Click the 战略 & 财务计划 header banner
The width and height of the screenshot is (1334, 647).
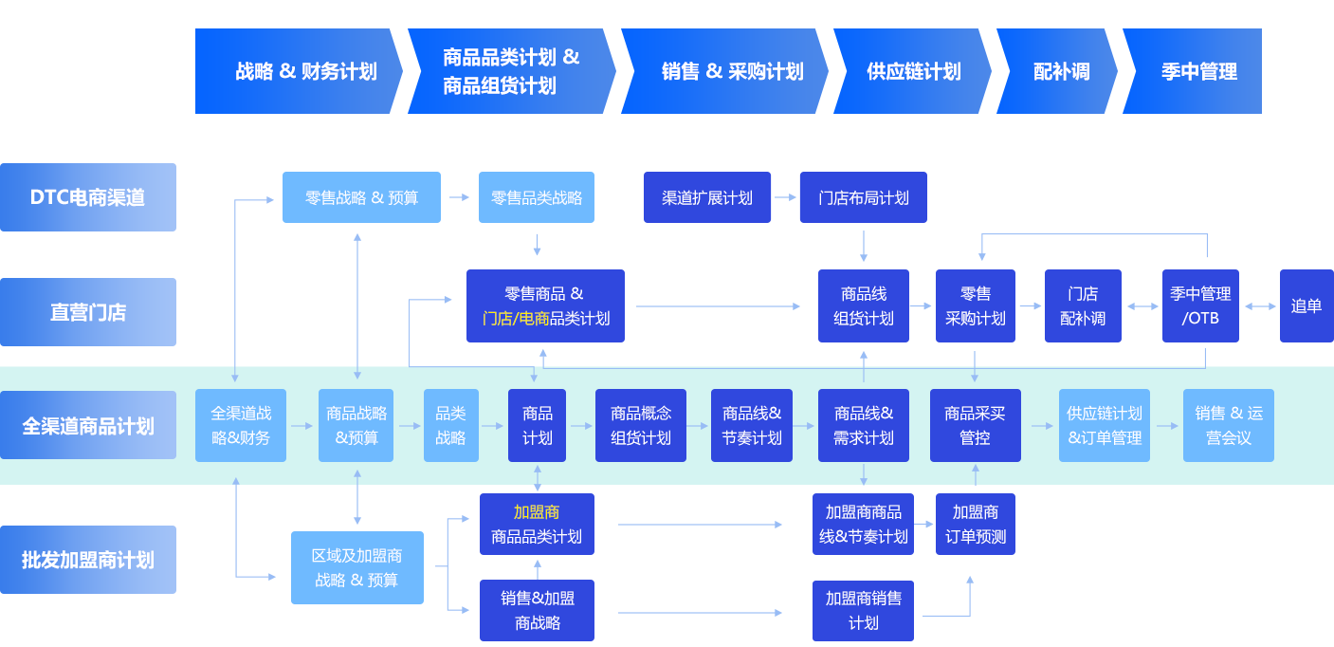pyautogui.click(x=299, y=71)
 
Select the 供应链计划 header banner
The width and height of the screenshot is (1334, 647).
pyautogui.click(x=912, y=71)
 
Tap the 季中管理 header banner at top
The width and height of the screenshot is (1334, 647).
pyautogui.click(x=1193, y=71)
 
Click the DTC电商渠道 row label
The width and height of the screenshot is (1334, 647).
pyautogui.click(x=87, y=197)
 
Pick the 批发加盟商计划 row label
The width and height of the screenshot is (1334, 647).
pyautogui.click(x=87, y=560)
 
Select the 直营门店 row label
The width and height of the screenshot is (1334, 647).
pyautogui.click(x=87, y=312)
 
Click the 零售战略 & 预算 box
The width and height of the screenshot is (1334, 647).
pyautogui.click(x=361, y=197)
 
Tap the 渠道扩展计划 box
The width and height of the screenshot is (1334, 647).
pyautogui.click(x=707, y=197)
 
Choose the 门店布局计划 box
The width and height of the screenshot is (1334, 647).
pyautogui.click(x=863, y=197)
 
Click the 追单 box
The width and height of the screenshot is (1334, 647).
pyautogui.click(x=1306, y=305)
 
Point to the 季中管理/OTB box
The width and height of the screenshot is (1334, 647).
pyautogui.click(x=1200, y=305)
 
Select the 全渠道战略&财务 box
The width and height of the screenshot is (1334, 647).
pyautogui.click(x=241, y=426)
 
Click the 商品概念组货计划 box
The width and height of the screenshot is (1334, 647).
pyautogui.click(x=641, y=426)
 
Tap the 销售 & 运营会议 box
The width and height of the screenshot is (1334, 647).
pyautogui.click(x=1228, y=426)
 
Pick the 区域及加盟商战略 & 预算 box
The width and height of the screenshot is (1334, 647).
pyautogui.click(x=356, y=567)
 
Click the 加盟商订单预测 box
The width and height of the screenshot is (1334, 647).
pyautogui.click(x=975, y=524)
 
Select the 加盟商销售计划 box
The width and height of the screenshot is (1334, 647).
pyautogui.click(x=863, y=610)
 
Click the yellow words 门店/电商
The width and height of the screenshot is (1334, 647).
pyautogui.click(x=516, y=319)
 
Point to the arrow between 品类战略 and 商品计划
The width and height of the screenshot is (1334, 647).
pyautogui.click(x=493, y=426)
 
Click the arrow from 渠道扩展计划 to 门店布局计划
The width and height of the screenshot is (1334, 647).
pyautogui.click(x=785, y=197)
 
